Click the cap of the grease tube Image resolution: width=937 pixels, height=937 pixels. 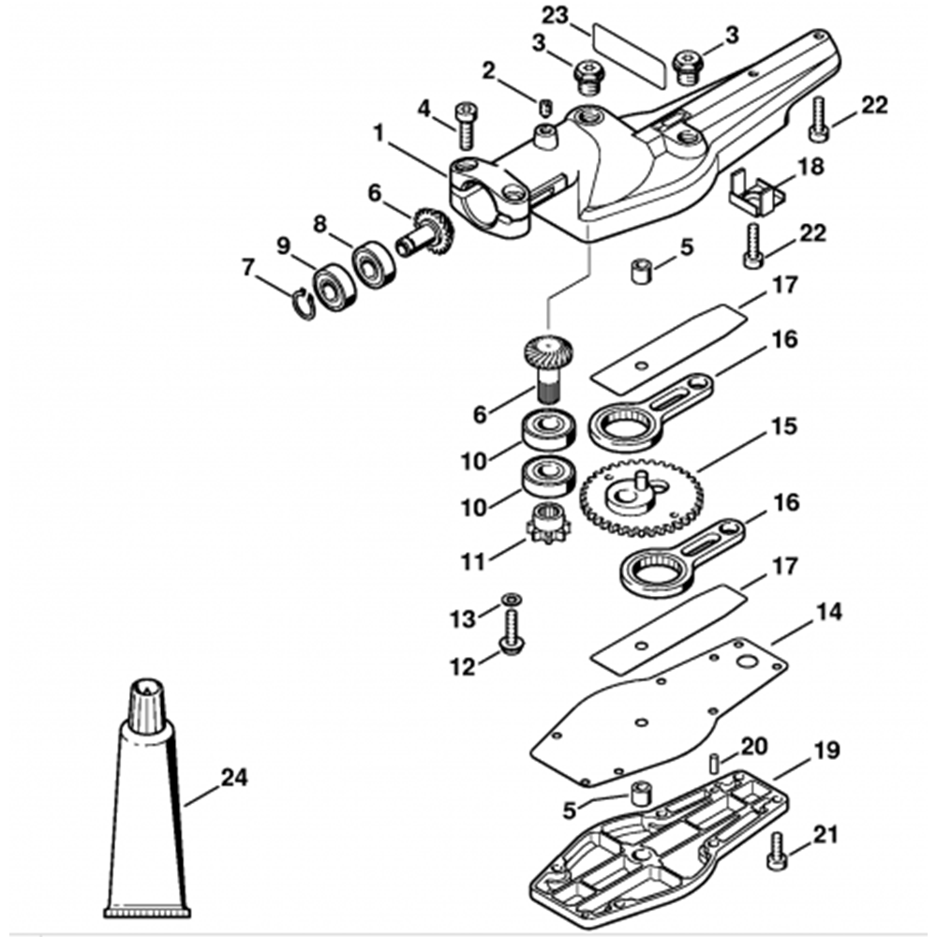[148, 698]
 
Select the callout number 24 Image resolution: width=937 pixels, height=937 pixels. [234, 778]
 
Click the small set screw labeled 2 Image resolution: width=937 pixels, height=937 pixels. [544, 100]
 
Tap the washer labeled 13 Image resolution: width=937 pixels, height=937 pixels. [510, 598]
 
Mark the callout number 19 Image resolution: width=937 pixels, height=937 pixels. [826, 751]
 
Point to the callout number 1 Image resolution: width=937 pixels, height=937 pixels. [379, 133]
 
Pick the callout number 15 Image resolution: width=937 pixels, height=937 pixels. [783, 427]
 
